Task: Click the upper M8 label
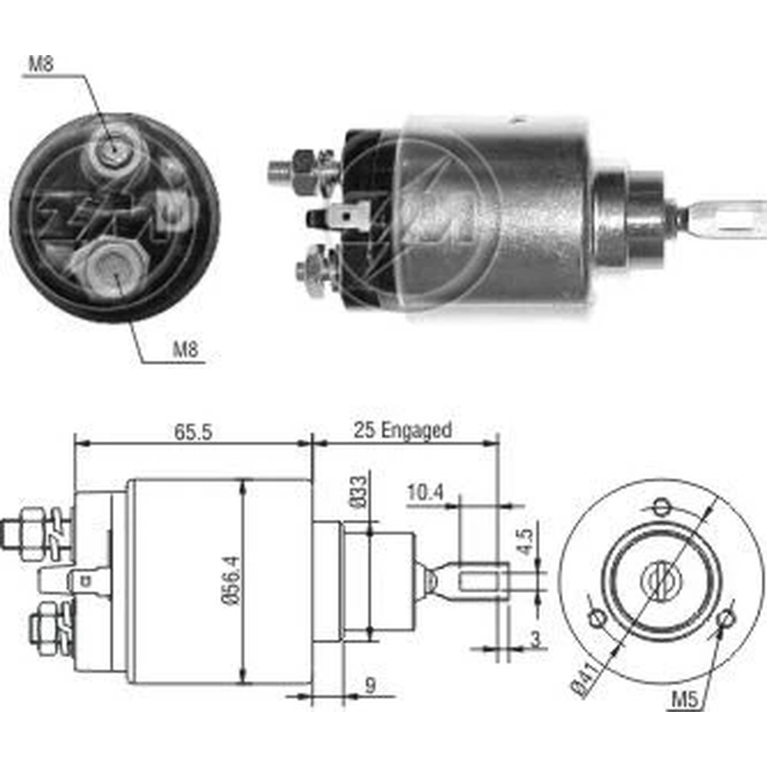click(41, 64)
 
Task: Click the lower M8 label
click(186, 350)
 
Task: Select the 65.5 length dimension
click(193, 433)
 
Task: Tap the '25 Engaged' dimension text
click(403, 430)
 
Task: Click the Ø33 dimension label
click(357, 492)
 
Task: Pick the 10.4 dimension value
click(425, 492)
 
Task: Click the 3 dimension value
click(536, 639)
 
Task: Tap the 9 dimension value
click(370, 685)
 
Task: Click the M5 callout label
click(684, 700)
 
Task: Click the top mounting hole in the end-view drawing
click(661, 506)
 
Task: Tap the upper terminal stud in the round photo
click(114, 148)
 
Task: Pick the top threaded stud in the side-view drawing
click(25, 534)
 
